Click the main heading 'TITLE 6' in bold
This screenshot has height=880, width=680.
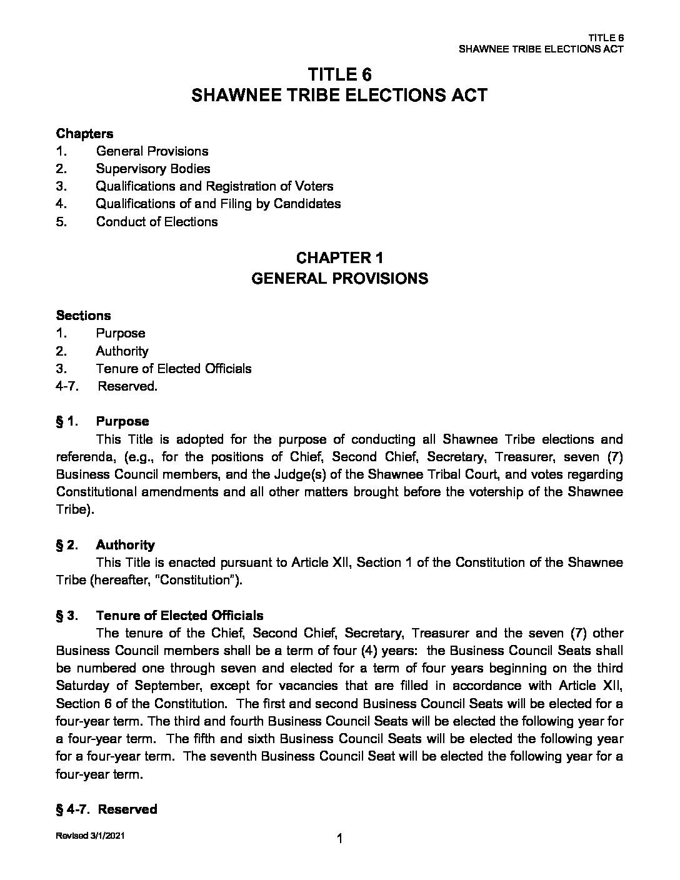[x=339, y=75]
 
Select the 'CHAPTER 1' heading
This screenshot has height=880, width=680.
[x=339, y=258]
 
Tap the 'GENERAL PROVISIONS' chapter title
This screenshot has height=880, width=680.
[x=339, y=279]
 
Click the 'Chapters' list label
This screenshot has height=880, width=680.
[x=84, y=133]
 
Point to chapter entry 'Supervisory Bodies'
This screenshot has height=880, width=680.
[x=153, y=169]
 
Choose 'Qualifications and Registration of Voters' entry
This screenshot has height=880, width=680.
[x=214, y=186]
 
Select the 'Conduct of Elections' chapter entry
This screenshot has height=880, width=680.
[x=157, y=222]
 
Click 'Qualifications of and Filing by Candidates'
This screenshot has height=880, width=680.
[x=218, y=204]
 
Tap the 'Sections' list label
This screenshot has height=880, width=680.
[x=83, y=316]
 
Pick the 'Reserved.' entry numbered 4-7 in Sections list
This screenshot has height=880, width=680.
[x=127, y=386]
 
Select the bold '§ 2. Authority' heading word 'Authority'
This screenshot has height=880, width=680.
[x=125, y=545]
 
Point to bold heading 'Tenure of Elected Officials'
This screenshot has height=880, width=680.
[x=179, y=616]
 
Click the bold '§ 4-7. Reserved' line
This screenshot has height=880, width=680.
[x=106, y=809]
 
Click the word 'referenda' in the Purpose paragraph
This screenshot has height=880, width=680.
[x=82, y=457]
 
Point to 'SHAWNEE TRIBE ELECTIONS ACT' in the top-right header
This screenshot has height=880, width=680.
[x=541, y=49]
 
